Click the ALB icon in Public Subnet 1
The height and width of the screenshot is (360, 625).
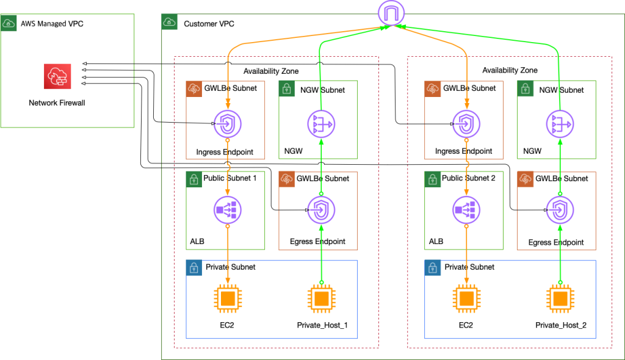[x=227, y=211]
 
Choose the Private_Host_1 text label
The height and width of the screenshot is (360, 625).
[x=322, y=325]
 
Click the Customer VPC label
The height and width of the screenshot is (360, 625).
[x=209, y=24]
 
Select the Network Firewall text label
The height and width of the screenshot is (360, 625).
[x=57, y=103]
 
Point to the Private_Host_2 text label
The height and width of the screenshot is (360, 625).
[x=560, y=325]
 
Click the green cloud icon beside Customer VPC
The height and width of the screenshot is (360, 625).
[x=169, y=23]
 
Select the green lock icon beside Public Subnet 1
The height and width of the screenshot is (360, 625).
[x=193, y=179]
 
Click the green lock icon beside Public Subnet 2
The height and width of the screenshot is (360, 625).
[x=432, y=179]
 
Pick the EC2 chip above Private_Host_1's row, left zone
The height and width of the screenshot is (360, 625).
[x=227, y=299]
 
